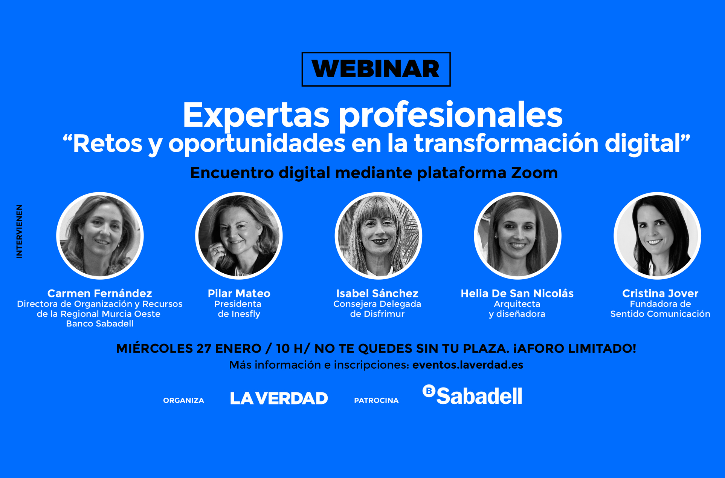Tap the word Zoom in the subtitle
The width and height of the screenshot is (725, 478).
pyautogui.click(x=534, y=173)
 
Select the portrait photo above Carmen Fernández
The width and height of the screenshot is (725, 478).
pyautogui.click(x=100, y=236)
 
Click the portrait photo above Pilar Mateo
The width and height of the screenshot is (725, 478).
pyautogui.click(x=239, y=236)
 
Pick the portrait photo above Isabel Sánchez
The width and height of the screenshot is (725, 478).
pyautogui.click(x=378, y=236)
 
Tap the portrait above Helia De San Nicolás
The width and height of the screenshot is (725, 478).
pyautogui.click(x=517, y=236)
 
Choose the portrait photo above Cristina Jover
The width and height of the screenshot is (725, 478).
pyautogui.click(x=657, y=236)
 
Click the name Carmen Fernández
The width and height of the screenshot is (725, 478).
pyautogui.click(x=100, y=293)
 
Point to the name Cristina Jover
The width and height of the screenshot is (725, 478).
pyautogui.click(x=660, y=293)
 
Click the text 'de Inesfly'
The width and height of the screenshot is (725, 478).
pyautogui.click(x=239, y=314)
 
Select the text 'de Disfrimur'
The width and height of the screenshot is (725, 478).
pyautogui.click(x=377, y=314)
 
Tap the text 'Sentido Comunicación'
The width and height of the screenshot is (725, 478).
pyautogui.click(x=660, y=314)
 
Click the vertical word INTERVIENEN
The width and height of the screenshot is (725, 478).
pyautogui.click(x=19, y=231)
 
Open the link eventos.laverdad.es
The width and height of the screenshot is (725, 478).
pyautogui.click(x=468, y=365)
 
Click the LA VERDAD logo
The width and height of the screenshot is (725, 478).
pyautogui.click(x=279, y=398)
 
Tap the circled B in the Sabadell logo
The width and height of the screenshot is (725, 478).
pyautogui.click(x=429, y=391)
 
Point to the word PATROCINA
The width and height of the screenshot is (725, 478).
pyautogui.click(x=376, y=401)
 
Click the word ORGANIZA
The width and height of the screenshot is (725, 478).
pyautogui.click(x=184, y=401)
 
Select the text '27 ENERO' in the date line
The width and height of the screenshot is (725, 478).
pyautogui.click(x=229, y=349)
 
